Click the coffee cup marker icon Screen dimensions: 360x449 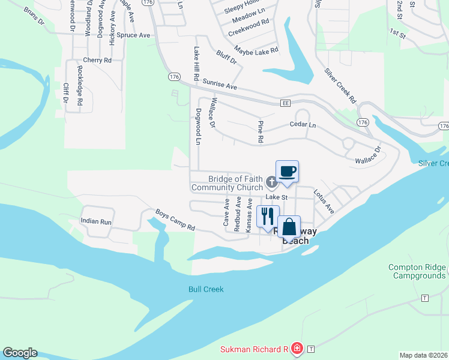[x=287, y=171]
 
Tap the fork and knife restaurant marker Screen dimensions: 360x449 [x=268, y=215]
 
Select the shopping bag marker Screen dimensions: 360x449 [x=289, y=227]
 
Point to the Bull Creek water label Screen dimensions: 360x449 [x=206, y=289]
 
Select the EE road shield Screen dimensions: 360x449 [x=286, y=103]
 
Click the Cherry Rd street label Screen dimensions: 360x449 [x=97, y=60]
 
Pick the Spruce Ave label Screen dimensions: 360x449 [x=133, y=35]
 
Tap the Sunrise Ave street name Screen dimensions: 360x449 [x=220, y=85]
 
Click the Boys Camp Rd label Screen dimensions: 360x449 [x=175, y=220]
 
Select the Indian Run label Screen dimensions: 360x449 [x=96, y=222]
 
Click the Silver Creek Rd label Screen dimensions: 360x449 [x=340, y=86]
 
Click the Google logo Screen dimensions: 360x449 [x=20, y=353]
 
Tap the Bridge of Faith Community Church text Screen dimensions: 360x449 [x=228, y=183]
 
